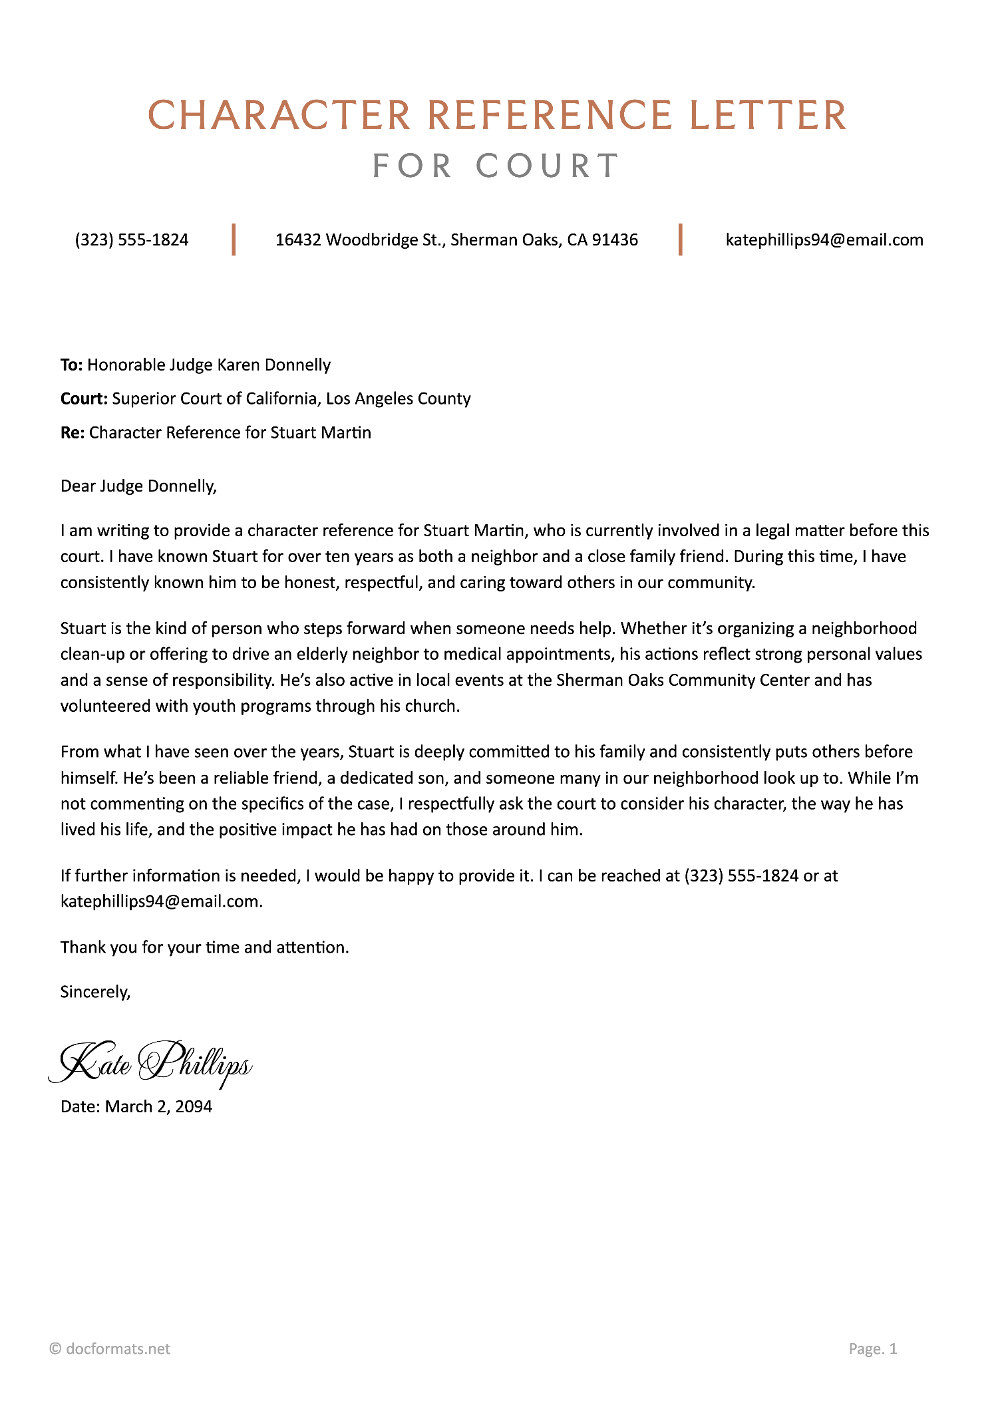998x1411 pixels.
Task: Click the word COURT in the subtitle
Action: (x=548, y=166)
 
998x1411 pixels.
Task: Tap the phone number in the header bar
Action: (x=132, y=240)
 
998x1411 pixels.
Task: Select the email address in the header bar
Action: (x=824, y=240)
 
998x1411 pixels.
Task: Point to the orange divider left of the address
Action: (x=234, y=239)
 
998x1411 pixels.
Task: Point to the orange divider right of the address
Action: (x=680, y=239)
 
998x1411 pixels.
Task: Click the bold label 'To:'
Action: (x=71, y=365)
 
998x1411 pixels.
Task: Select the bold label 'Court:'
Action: (x=84, y=399)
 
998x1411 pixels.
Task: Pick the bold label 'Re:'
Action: (x=72, y=433)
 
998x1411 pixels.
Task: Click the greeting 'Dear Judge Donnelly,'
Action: (x=138, y=486)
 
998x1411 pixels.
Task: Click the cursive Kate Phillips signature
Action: (x=150, y=1064)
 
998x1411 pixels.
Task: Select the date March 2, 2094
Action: (x=158, y=1107)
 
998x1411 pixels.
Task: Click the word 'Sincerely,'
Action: (x=95, y=993)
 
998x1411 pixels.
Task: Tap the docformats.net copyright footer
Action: (x=110, y=1348)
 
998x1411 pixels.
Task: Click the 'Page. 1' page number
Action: (x=872, y=1348)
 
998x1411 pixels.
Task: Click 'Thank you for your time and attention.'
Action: (x=204, y=947)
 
